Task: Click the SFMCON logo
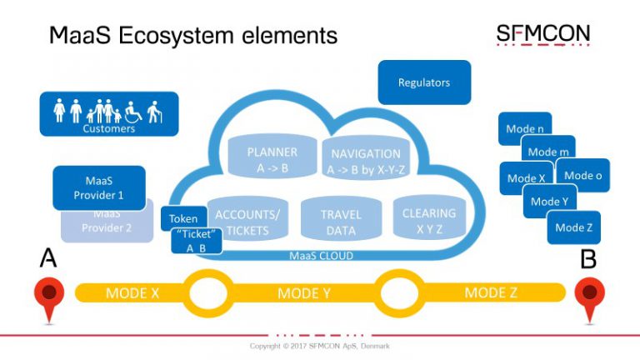(542, 35)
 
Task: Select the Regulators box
(423, 82)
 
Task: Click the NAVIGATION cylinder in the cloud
(366, 159)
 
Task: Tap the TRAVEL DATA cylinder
(340, 222)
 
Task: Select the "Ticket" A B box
(196, 241)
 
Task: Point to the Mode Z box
(573, 227)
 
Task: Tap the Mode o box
(583, 175)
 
